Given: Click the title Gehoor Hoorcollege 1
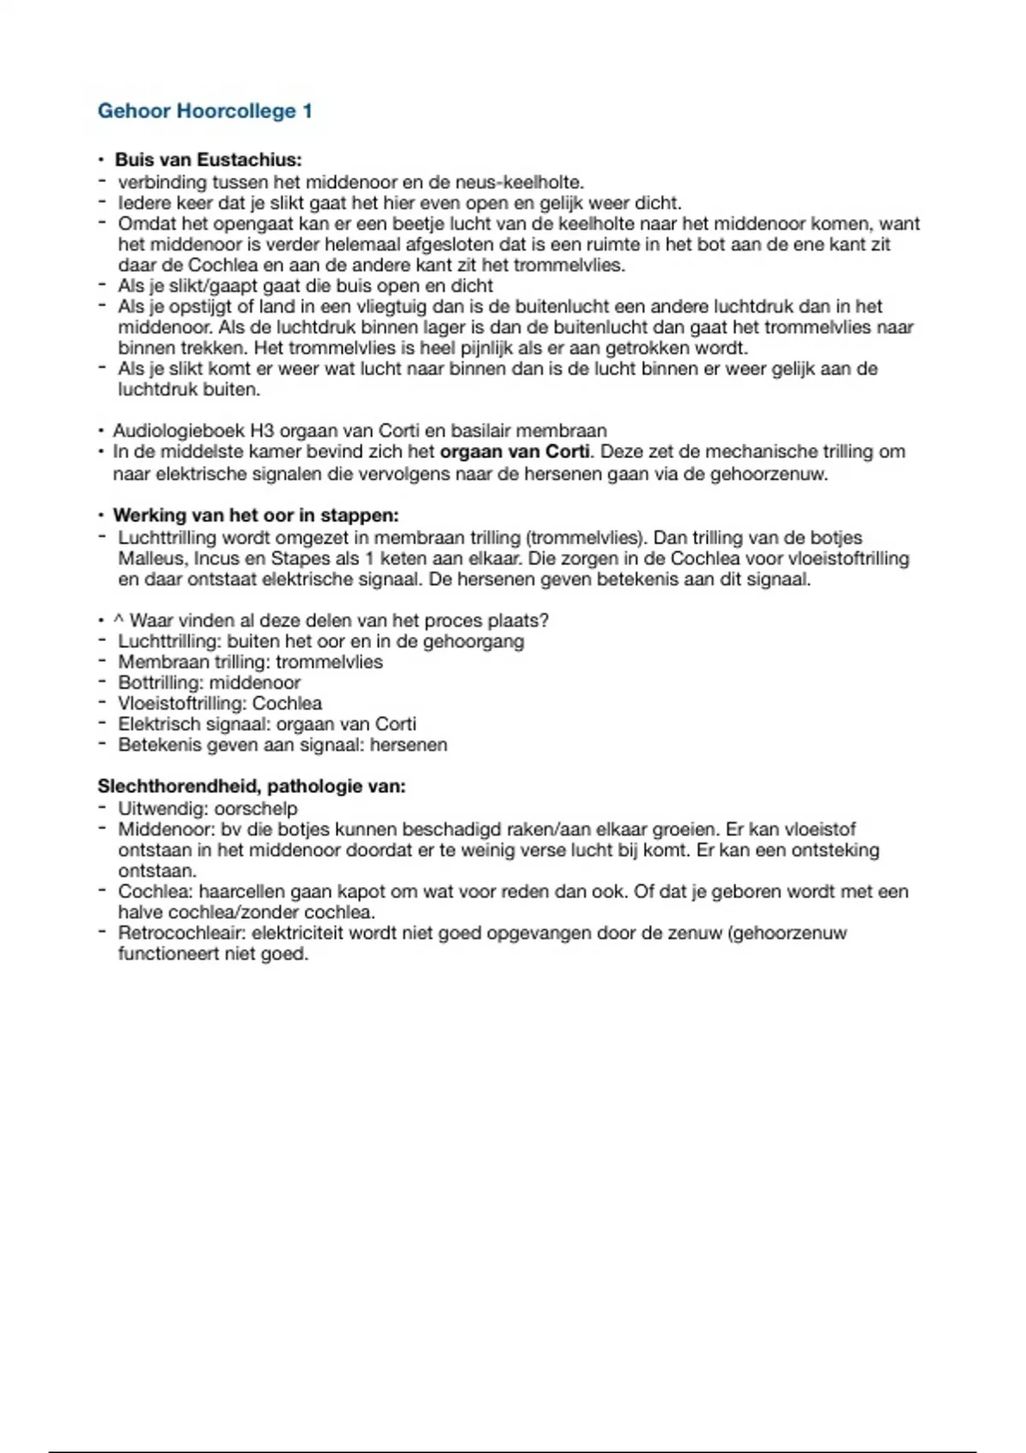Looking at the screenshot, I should pyautogui.click(x=205, y=111).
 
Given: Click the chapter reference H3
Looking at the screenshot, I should pyautogui.click(x=262, y=431).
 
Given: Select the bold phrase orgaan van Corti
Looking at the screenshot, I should pyautogui.click(x=515, y=451).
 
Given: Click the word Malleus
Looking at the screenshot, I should pyautogui.click(x=150, y=559).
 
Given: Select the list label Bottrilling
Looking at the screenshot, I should pyautogui.click(x=160, y=683).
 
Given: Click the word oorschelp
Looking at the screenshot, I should pyautogui.click(x=256, y=809).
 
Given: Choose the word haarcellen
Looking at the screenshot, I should pyautogui.click(x=242, y=891).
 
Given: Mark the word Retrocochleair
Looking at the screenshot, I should pyautogui.click(x=180, y=932).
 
